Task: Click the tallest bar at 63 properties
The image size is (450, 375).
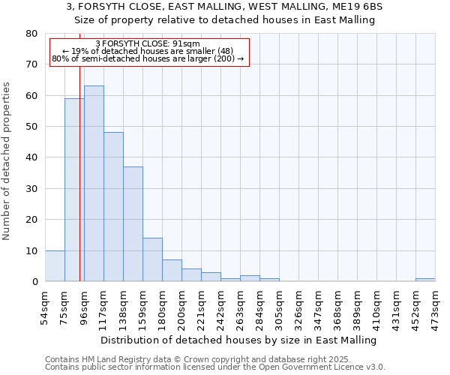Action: (94, 184)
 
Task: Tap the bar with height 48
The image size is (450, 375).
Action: (113, 207)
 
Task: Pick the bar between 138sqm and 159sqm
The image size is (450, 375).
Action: (133, 224)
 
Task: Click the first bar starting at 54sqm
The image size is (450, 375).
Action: (55, 266)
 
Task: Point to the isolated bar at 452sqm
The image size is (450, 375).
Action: (425, 280)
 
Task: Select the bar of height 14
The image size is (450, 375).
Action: (152, 259)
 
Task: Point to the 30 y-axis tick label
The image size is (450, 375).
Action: (31, 189)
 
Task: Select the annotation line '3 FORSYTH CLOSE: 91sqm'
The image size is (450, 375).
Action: (148, 43)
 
